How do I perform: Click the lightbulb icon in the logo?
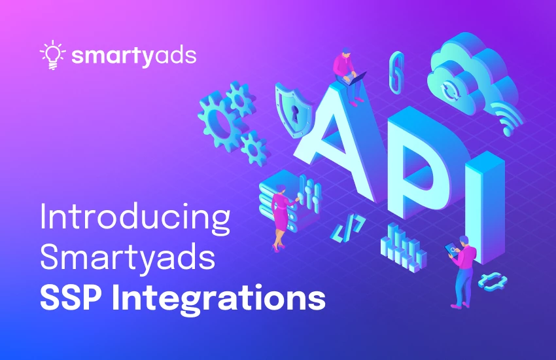tap(52, 54)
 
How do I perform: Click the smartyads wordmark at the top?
tap(134, 56)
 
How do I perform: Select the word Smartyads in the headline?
tap(128, 259)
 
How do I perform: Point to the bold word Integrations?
tap(219, 299)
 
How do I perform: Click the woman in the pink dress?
tap(283, 216)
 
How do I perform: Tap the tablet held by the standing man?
tap(451, 247)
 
